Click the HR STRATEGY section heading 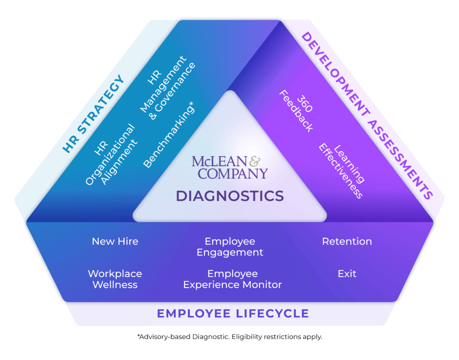[x=94, y=114]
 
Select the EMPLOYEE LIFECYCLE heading [x=233, y=314]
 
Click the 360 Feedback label [x=296, y=111]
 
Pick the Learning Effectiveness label [x=342, y=171]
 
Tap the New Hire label [x=115, y=241]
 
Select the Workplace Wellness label [x=115, y=279]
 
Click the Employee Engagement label [x=230, y=247]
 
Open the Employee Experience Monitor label [x=233, y=279]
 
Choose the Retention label [x=347, y=241]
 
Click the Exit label [x=347, y=274]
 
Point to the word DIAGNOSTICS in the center [x=230, y=196]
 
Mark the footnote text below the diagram [x=230, y=337]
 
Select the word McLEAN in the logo [x=218, y=161]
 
